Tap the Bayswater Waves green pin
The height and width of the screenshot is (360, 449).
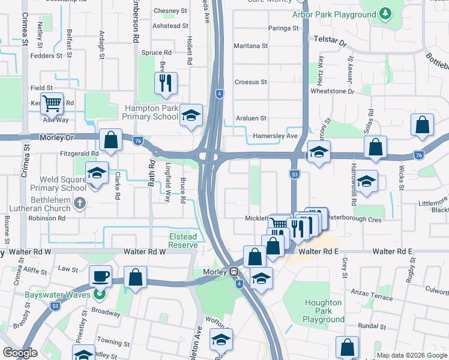(100, 294)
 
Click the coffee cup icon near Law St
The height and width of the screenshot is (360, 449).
(100, 275)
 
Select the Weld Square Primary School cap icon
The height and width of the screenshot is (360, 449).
(97, 172)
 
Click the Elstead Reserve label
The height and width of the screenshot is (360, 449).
(183, 241)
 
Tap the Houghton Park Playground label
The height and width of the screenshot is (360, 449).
(324, 311)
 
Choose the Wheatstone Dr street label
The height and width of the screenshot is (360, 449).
(333, 92)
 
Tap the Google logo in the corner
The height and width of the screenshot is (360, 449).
(20, 353)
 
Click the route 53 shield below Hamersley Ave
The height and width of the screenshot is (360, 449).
(294, 174)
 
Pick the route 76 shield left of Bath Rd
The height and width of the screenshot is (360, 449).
(137, 141)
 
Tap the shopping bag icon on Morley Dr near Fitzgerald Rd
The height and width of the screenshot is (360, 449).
(111, 140)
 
